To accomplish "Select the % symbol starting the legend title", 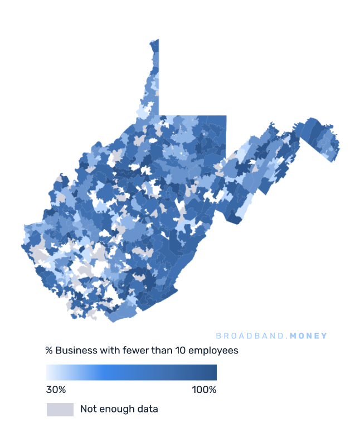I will point(49,351).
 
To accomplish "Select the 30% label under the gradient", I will point(56,390).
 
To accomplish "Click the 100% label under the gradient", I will point(204,390).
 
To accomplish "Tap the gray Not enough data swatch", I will point(60,409).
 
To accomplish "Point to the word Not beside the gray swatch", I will point(88,409).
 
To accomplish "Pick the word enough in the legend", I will point(118,410).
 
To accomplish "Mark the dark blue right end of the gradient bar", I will point(213,372).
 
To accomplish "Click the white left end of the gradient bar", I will point(49,372).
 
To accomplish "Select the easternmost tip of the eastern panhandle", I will point(339,148).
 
